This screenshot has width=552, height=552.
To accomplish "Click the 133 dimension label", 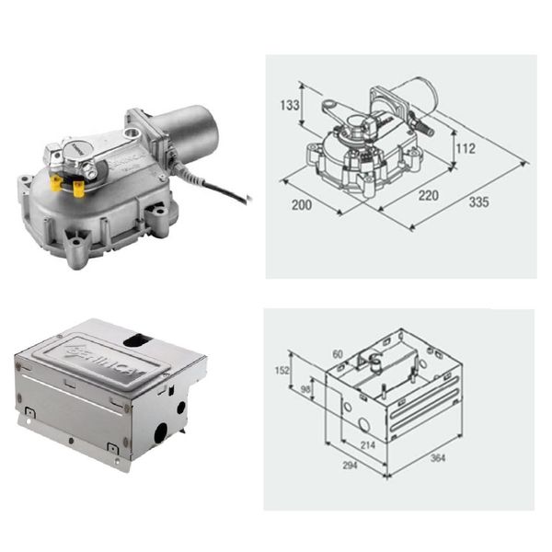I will pyautogui.click(x=290, y=105).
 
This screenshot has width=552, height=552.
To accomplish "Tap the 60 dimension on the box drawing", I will pyautogui.click(x=337, y=354).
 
